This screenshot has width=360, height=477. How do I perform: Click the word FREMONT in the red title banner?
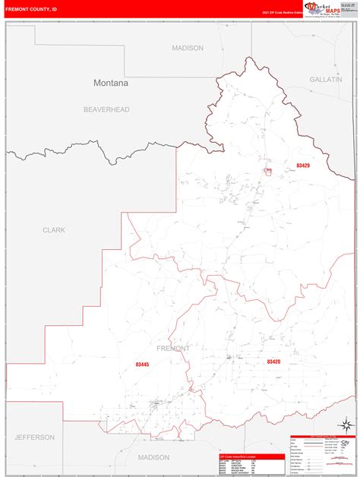[18, 11]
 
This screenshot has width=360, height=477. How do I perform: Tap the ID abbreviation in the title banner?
[54, 11]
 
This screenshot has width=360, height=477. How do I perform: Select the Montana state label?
[111, 83]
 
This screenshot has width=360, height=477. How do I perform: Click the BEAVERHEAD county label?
[106, 109]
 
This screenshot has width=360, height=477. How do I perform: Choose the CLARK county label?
[54, 229]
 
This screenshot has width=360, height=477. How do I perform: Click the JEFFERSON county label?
[34, 438]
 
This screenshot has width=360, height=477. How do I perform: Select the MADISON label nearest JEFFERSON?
[153, 457]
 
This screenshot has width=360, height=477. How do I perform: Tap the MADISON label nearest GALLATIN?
[188, 48]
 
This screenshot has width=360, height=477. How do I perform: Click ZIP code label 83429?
[304, 166]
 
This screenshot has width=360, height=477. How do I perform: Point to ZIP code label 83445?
[142, 365]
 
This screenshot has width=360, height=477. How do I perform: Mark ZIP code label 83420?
[273, 362]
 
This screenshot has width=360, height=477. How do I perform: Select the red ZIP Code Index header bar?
[251, 456]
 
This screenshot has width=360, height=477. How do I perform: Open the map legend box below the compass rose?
[322, 456]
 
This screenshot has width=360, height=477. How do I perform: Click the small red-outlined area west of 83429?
[268, 171]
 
